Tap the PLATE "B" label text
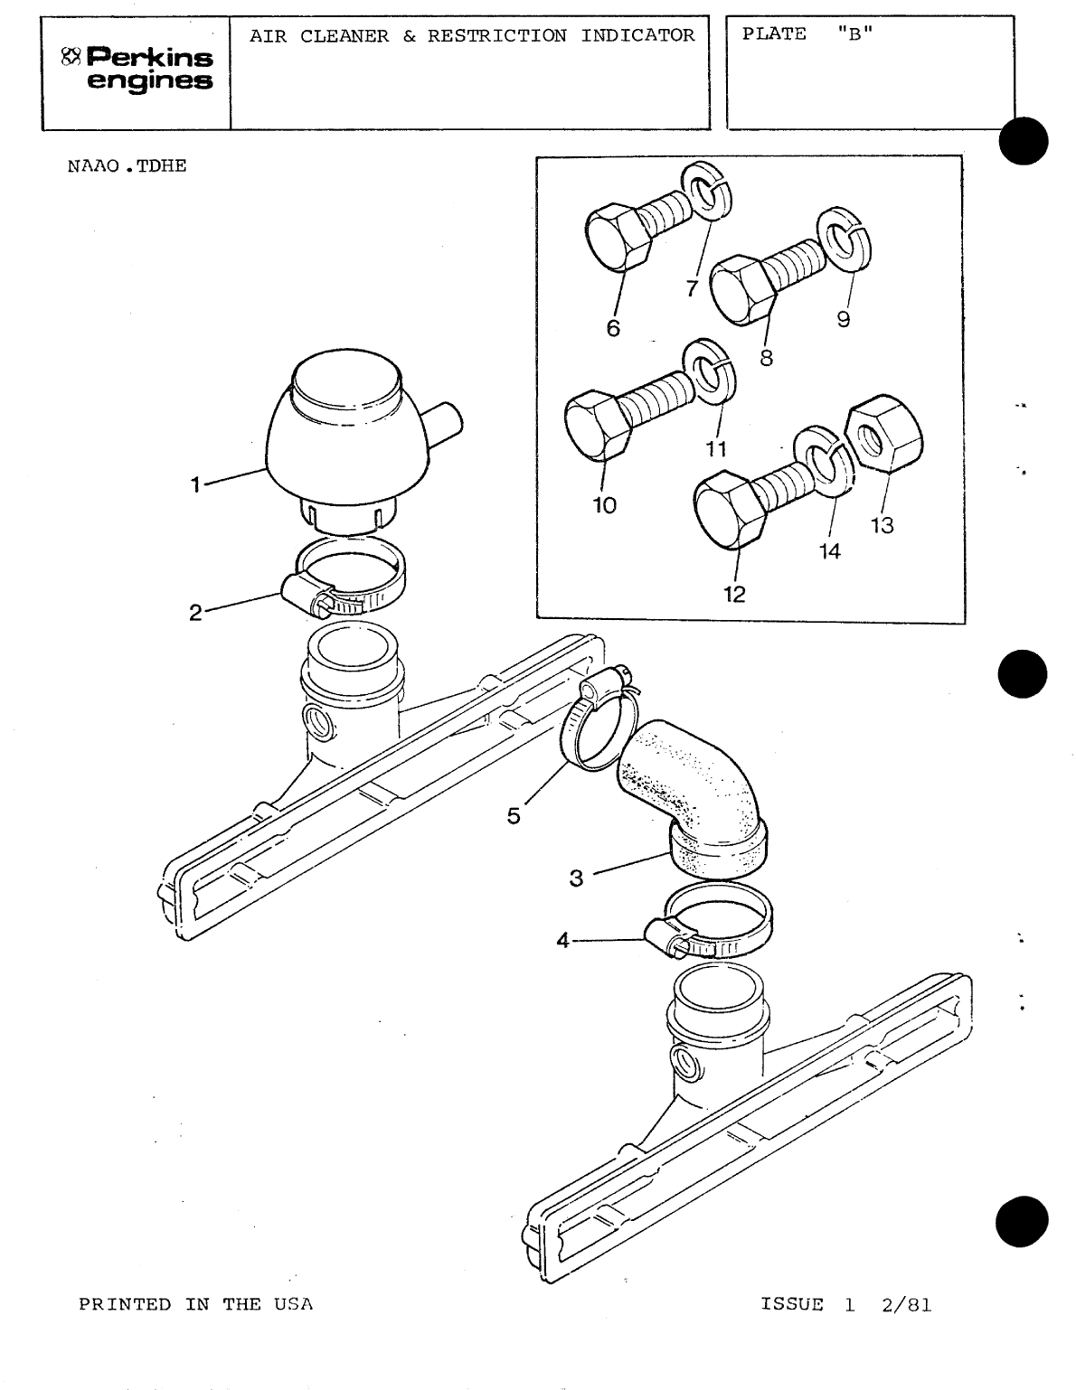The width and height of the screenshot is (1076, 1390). coord(807,34)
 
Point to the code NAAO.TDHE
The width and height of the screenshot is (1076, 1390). coord(127,167)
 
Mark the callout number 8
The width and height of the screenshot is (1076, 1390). coord(767,358)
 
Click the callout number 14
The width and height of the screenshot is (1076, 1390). coord(829,551)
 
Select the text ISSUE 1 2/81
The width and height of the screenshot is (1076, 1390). coord(845,1304)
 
